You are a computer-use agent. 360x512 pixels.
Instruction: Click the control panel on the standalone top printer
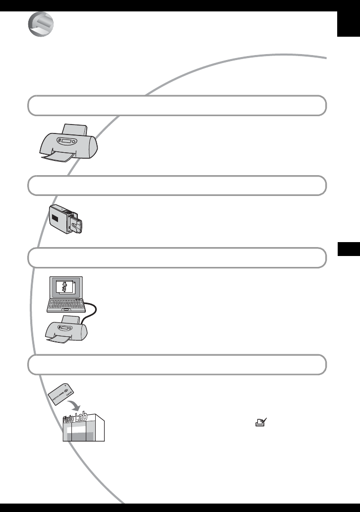point(67,140)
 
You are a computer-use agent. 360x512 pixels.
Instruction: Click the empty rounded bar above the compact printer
point(177,186)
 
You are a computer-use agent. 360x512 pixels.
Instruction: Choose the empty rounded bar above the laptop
point(177,258)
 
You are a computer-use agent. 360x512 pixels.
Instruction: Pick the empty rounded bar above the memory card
point(177,365)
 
